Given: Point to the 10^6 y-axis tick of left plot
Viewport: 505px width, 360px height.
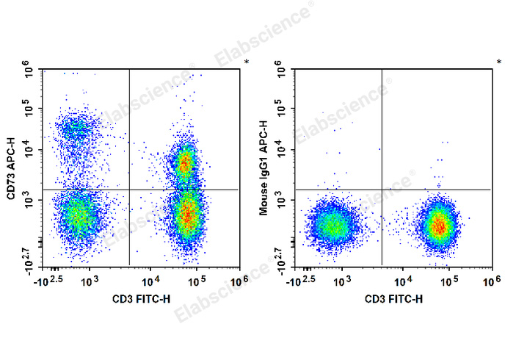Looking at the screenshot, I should click(x=29, y=71).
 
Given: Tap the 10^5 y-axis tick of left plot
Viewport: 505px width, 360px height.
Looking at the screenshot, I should click(x=29, y=109).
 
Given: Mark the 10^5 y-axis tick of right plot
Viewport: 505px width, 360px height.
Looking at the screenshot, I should click(x=281, y=109).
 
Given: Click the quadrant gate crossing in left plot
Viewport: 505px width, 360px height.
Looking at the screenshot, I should click(x=129, y=190).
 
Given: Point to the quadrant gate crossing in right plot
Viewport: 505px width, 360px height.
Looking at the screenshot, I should click(x=381, y=190).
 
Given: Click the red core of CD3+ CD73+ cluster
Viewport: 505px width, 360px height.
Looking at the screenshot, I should click(x=186, y=163).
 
